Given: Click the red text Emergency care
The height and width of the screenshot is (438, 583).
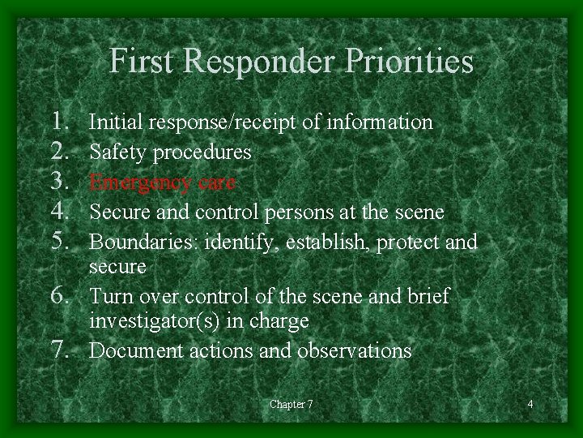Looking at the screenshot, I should click(162, 182).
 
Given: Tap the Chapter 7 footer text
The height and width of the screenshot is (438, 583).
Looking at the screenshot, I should click(291, 405).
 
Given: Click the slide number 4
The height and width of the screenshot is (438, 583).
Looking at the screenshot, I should click(530, 405).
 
